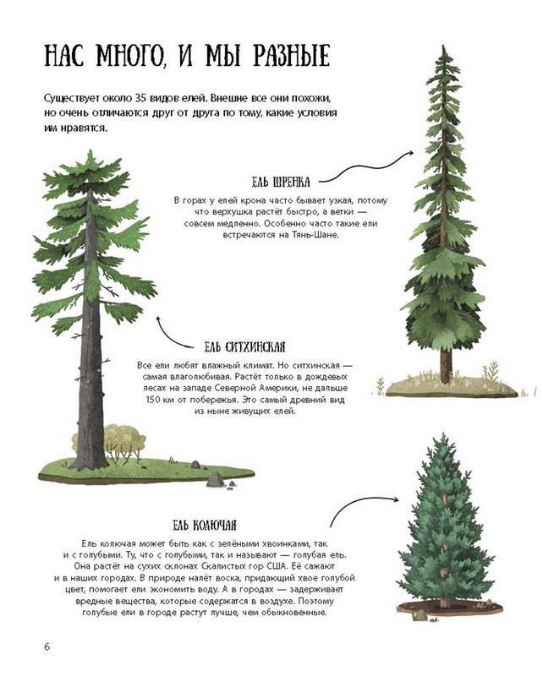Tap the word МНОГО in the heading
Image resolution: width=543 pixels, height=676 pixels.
click(130, 56)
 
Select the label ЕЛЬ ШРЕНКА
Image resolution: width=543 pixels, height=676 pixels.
click(281, 182)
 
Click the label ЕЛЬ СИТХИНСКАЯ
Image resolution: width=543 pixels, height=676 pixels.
click(244, 347)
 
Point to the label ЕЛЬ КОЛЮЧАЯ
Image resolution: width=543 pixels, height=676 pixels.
click(205, 525)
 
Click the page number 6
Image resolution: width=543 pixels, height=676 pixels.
click(47, 647)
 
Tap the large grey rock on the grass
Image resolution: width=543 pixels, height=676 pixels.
click(215, 480)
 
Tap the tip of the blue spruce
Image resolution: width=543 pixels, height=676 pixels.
click(442, 433)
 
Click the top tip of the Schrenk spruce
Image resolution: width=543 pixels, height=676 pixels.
click(443, 46)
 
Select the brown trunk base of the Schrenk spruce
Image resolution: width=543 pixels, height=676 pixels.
click(447, 367)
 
